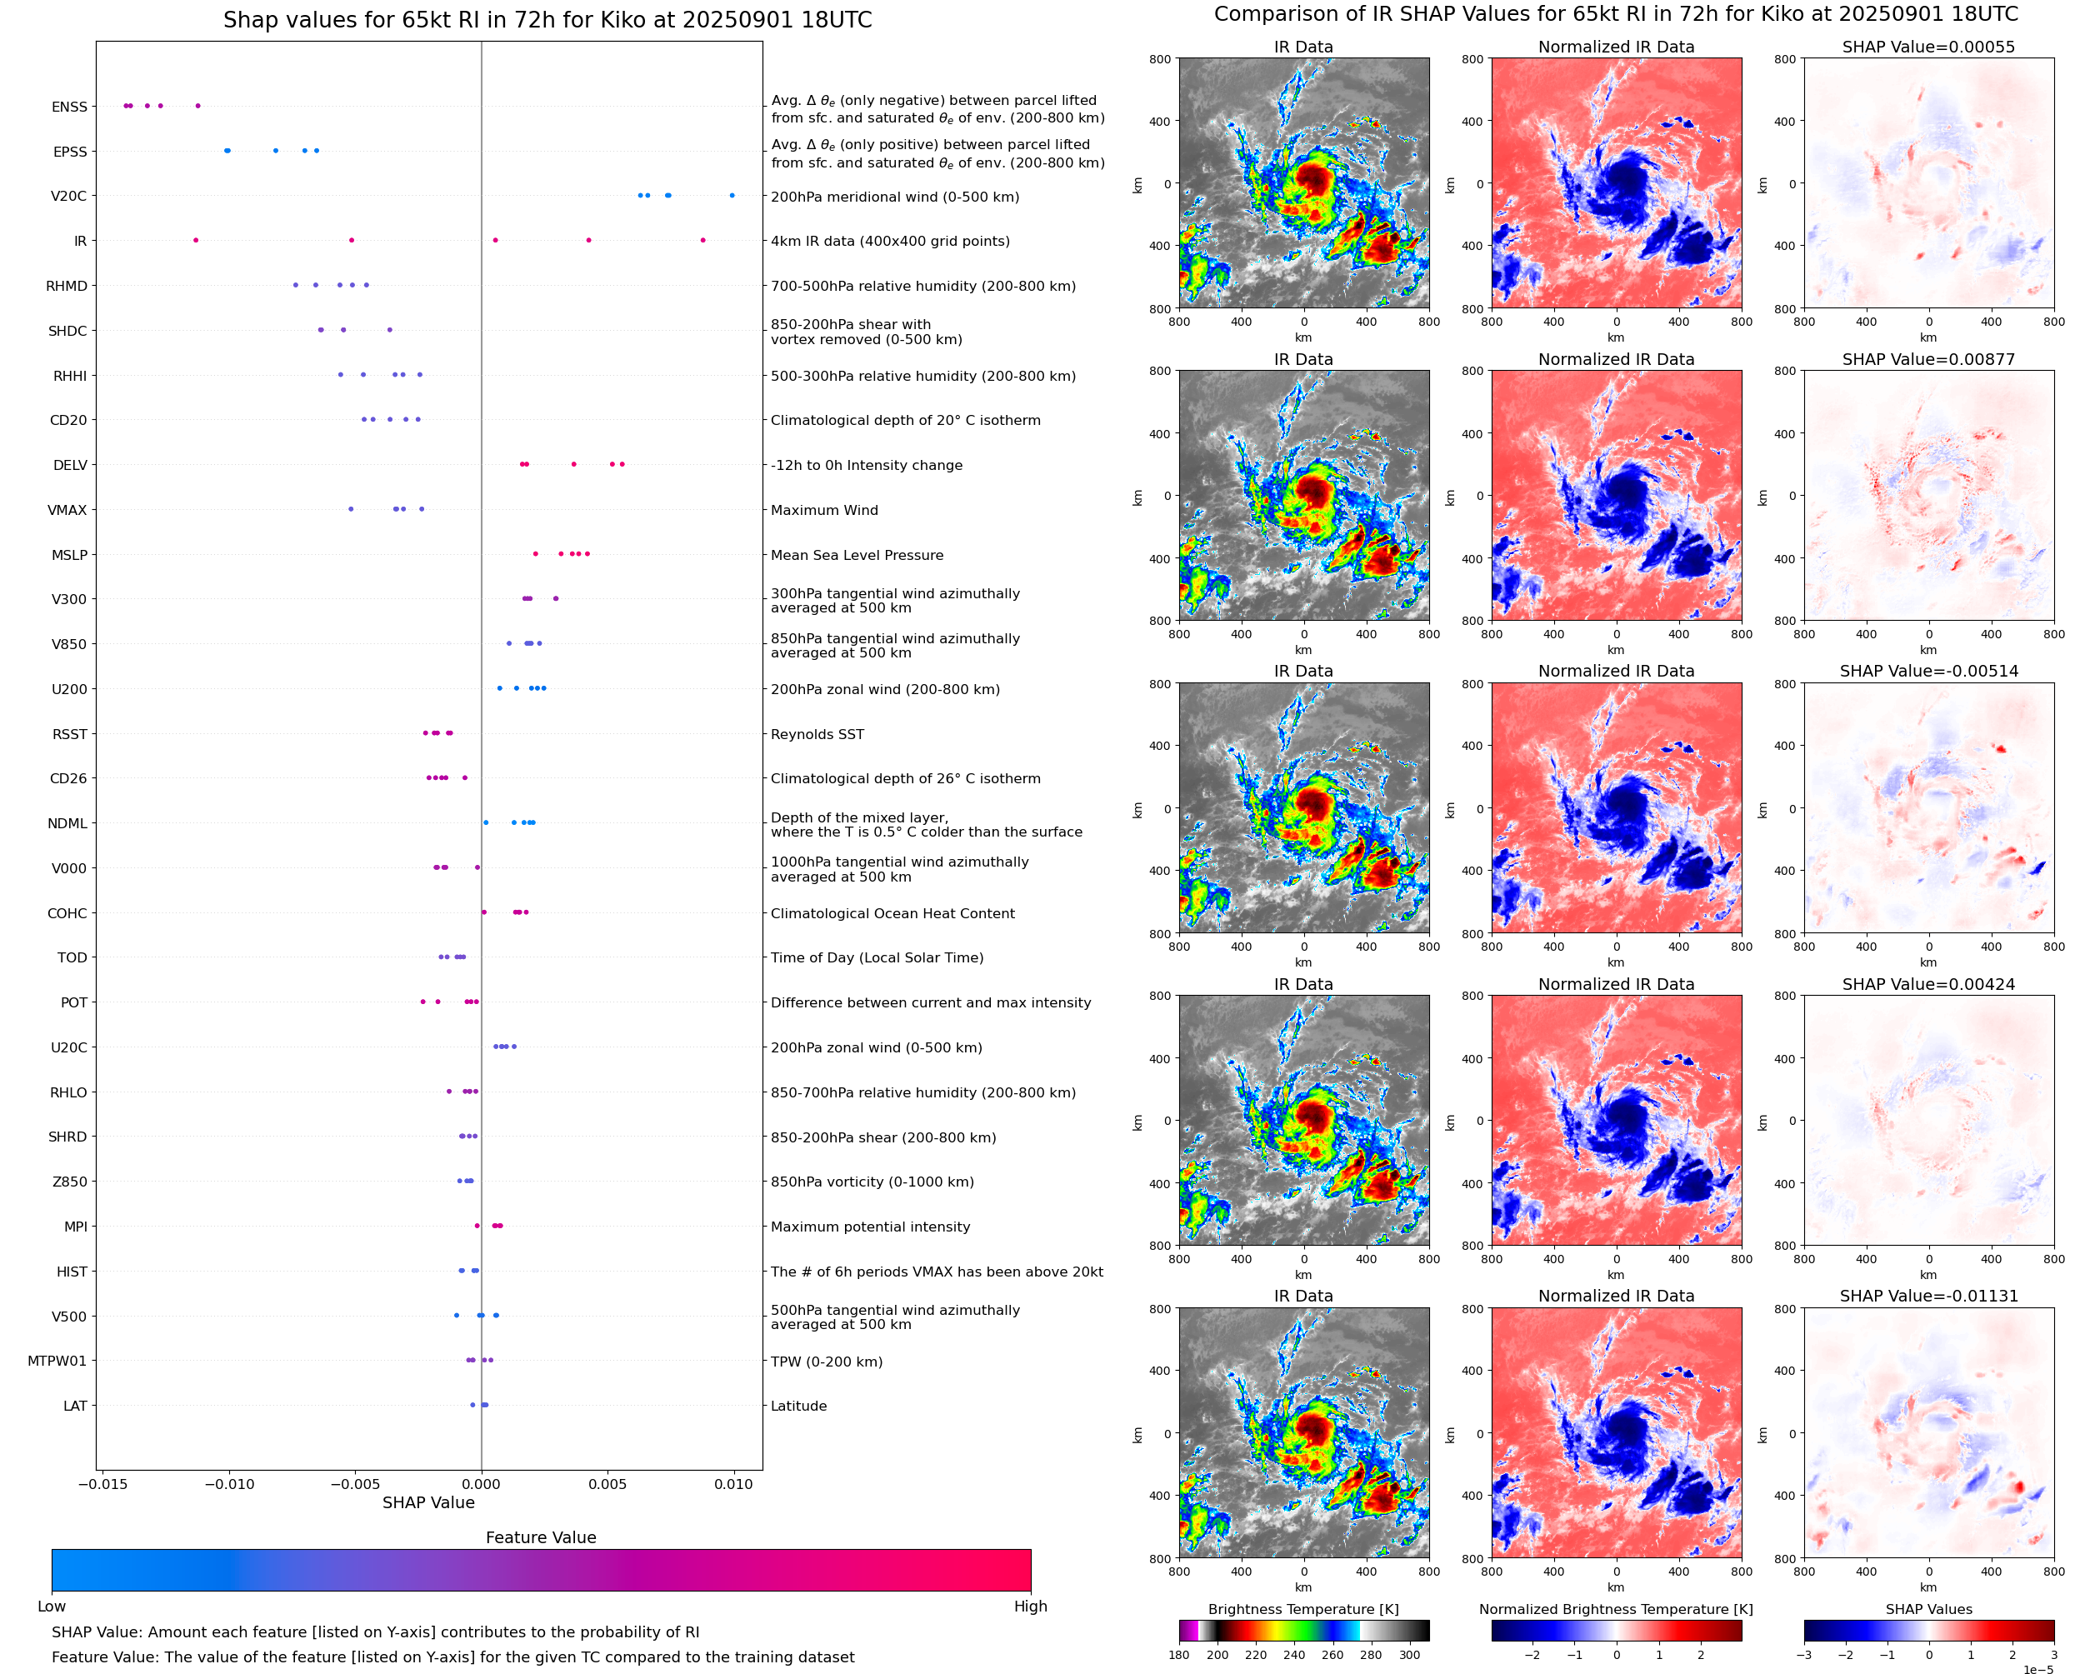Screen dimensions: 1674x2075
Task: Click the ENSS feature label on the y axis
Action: point(68,107)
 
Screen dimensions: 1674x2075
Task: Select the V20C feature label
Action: point(68,196)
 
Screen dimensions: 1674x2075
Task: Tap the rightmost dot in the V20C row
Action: point(732,196)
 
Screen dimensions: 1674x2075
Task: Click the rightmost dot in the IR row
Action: point(702,240)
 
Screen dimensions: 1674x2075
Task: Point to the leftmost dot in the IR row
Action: point(196,240)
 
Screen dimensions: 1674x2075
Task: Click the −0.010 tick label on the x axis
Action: point(228,1484)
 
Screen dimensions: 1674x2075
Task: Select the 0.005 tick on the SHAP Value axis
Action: point(607,1484)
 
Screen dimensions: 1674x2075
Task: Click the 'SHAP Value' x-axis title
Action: point(428,1502)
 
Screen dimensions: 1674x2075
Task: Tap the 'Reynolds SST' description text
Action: point(817,734)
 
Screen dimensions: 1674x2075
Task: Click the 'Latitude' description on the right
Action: point(798,1406)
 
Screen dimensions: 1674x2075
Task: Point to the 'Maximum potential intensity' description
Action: point(870,1227)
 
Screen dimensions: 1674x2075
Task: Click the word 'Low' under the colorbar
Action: point(51,1607)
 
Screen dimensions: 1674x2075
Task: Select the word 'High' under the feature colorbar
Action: point(1030,1607)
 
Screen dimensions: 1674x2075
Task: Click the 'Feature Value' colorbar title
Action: point(540,1537)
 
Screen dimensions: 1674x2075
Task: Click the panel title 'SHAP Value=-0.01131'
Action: point(1927,1296)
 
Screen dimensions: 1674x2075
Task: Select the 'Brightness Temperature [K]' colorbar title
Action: point(1302,1609)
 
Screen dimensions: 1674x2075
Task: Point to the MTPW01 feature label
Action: point(57,1361)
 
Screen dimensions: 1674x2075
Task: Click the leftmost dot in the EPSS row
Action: point(226,151)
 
